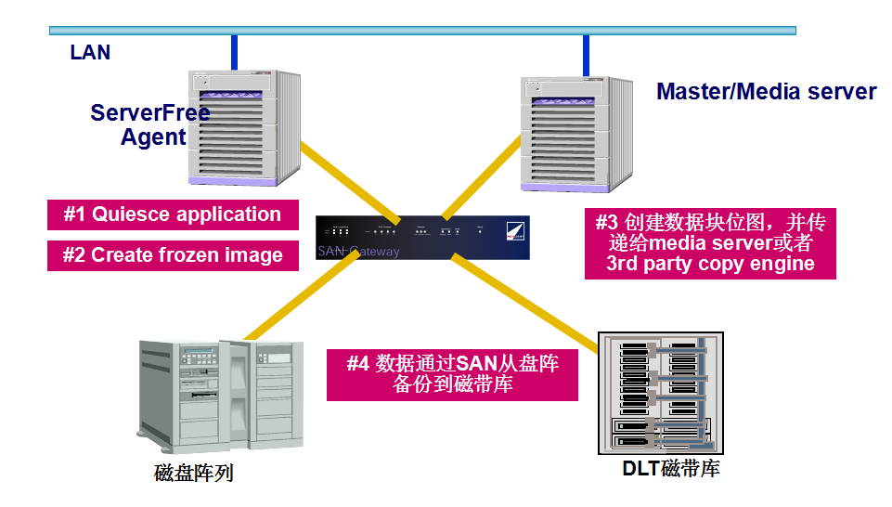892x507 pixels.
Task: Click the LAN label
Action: coord(90,53)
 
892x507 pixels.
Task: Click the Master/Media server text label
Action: coord(766,92)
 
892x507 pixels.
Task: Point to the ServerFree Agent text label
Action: coord(150,125)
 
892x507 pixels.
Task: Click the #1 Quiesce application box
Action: coord(173,214)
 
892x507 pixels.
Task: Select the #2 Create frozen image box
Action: coord(173,255)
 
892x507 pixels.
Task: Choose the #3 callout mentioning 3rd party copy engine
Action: coord(710,243)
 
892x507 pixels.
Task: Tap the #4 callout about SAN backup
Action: coord(452,374)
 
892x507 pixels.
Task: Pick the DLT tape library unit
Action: coord(658,391)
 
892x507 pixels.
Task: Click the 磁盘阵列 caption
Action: coord(193,473)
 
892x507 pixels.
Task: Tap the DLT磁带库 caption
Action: coord(670,468)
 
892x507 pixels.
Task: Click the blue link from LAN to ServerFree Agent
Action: coord(235,52)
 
